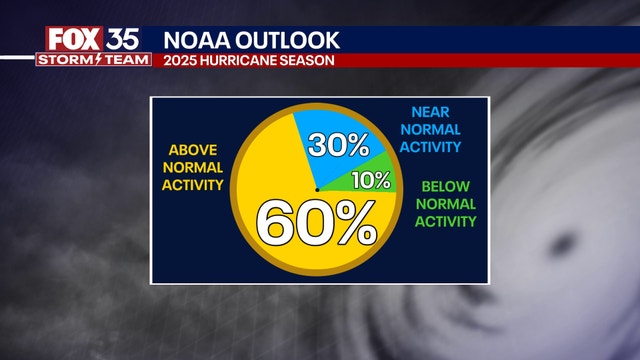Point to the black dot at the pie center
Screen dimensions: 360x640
point(317,188)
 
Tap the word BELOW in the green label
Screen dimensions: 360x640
point(446,185)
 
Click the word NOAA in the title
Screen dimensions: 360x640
point(195,41)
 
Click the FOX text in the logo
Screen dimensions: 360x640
point(72,40)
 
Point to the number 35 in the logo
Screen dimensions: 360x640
point(125,40)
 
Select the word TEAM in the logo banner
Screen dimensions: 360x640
point(125,60)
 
